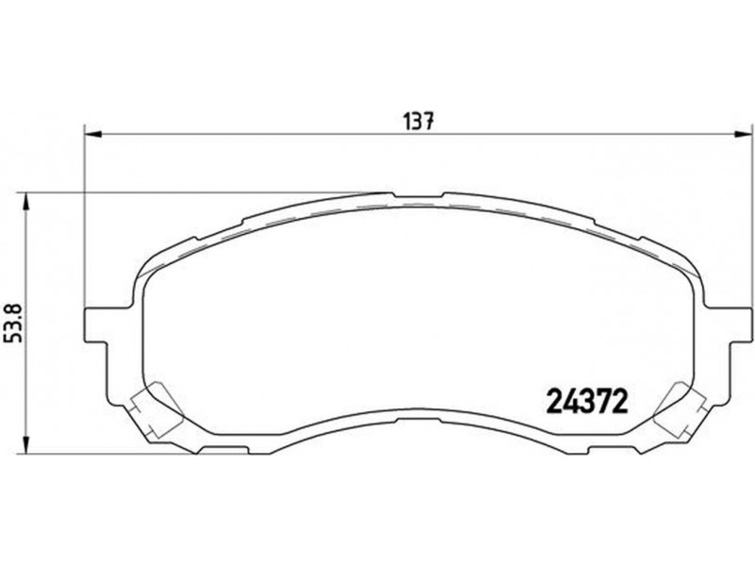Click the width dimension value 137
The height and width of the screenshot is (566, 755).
pos(418,122)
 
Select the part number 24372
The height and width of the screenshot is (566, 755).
pos(587,402)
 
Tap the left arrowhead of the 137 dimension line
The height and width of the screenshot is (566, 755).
pos(93,135)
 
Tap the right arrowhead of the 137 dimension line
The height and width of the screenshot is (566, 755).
pos(742,135)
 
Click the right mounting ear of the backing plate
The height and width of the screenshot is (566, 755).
pos(739,325)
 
